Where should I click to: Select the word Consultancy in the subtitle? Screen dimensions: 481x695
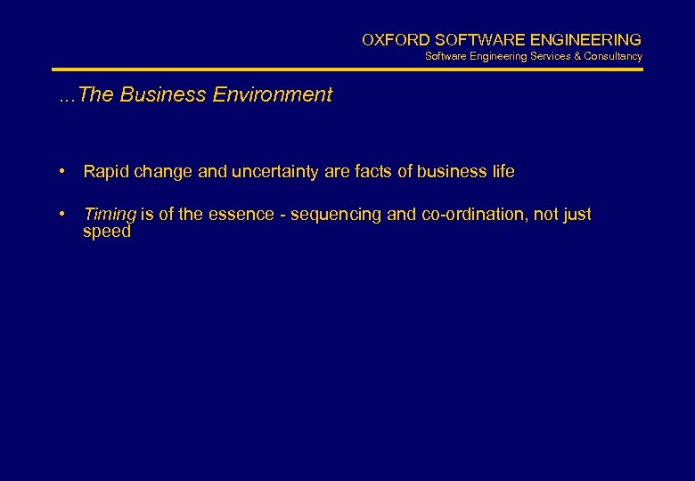click(613, 56)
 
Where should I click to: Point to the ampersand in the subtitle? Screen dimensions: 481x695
click(576, 56)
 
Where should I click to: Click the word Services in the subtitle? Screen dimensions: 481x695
click(552, 56)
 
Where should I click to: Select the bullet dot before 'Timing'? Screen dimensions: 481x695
click(63, 214)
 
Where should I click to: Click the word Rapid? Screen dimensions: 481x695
click(105, 171)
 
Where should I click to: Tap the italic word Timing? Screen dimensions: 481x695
click(110, 215)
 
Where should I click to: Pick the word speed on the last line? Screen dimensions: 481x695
click(106, 232)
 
